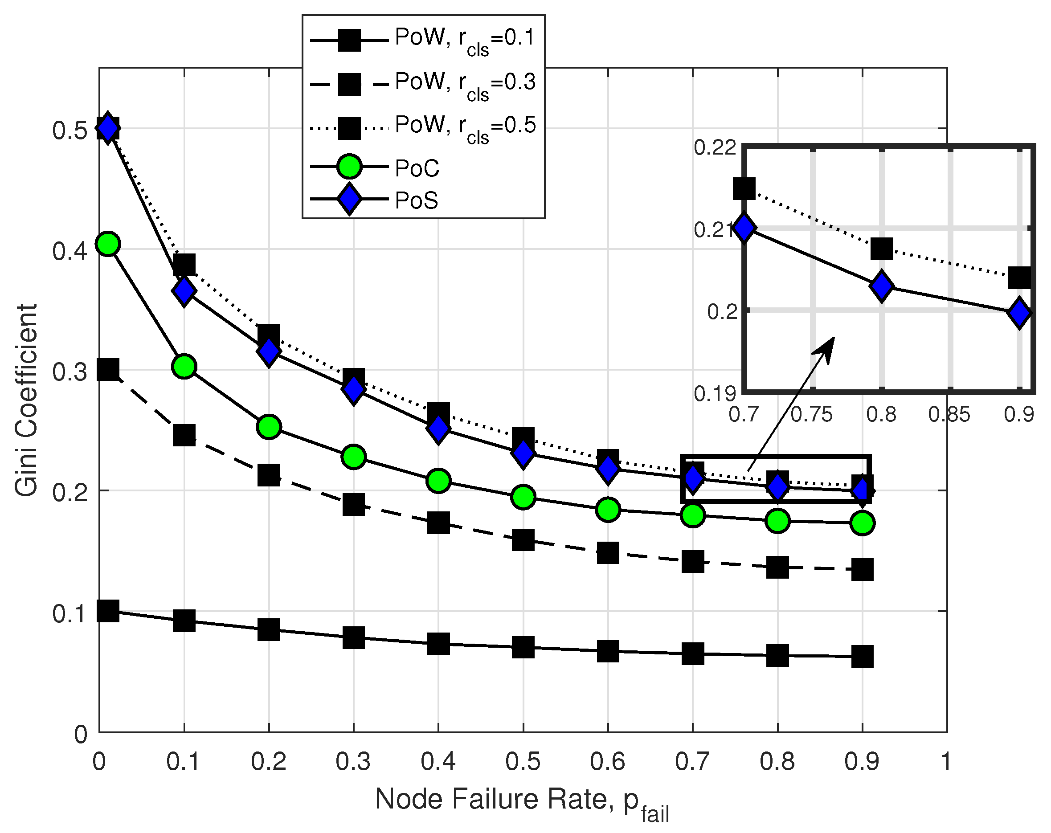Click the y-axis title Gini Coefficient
click(26, 400)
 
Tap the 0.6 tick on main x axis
click(607, 761)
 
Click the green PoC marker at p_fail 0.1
click(184, 366)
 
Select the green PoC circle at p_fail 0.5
click(523, 497)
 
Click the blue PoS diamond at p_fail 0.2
click(269, 351)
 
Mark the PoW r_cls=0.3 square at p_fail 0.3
click(353, 505)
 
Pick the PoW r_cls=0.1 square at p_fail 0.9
click(862, 657)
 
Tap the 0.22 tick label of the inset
click(715, 147)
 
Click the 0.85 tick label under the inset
click(949, 415)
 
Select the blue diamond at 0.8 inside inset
click(881, 286)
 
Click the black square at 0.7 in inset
click(744, 188)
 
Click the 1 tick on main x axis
click(946, 761)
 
